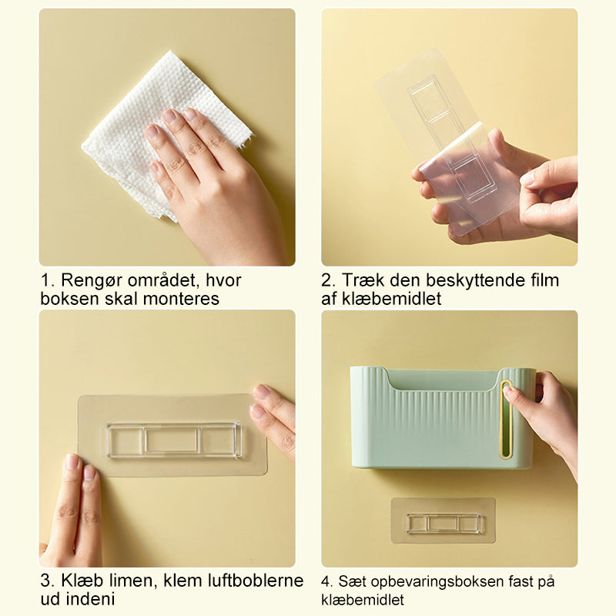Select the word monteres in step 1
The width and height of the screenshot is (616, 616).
181,299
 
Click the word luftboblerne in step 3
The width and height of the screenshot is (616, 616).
254,581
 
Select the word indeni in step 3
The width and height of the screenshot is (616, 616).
90,599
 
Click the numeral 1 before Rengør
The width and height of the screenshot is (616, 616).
46,281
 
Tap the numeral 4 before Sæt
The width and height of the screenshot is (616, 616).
326,582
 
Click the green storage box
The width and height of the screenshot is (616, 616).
442,418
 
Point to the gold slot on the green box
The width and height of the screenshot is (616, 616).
506,419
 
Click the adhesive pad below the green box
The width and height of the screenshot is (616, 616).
444,521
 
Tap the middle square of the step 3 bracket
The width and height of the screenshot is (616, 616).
172,440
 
